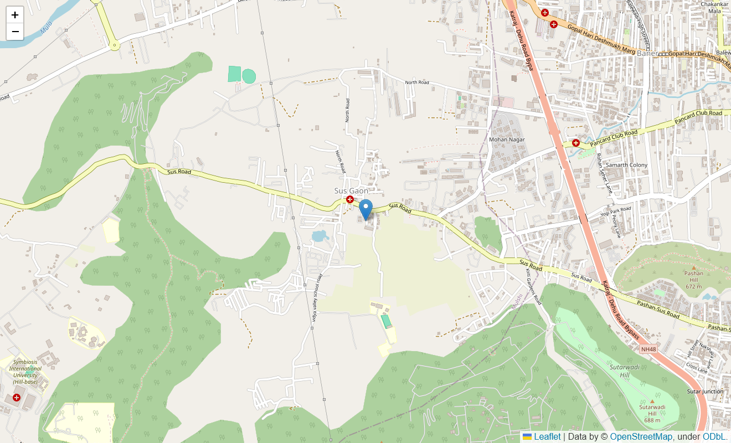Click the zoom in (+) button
point(15,15)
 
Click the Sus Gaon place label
point(351,190)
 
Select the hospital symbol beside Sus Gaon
point(350,199)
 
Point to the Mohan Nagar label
point(506,140)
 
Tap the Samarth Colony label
point(626,165)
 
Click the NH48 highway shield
point(648,349)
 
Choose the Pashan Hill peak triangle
point(693,267)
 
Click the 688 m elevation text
point(652,420)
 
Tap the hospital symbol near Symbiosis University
point(17,398)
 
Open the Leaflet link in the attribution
point(547,437)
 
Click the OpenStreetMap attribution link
point(641,437)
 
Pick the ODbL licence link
point(714,437)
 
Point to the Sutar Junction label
point(705,392)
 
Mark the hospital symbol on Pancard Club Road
point(576,143)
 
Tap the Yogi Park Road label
point(616,211)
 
